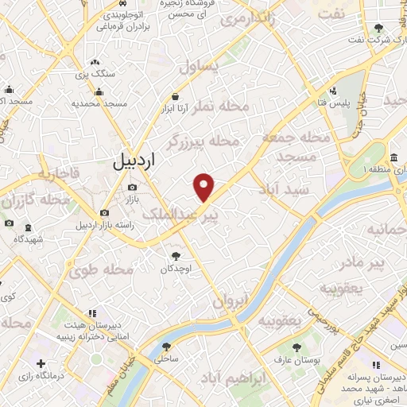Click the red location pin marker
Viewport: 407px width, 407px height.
click(x=204, y=187)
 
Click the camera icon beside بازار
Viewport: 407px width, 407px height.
click(x=131, y=188)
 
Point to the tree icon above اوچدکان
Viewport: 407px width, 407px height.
click(x=176, y=256)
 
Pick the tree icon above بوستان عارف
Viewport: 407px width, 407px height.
click(x=297, y=347)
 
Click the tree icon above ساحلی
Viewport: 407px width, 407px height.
click(x=166, y=346)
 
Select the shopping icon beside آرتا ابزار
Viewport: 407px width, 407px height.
click(x=185, y=97)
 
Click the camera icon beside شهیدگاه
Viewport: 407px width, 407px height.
click(x=8, y=223)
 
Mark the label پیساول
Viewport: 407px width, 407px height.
click(x=198, y=67)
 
